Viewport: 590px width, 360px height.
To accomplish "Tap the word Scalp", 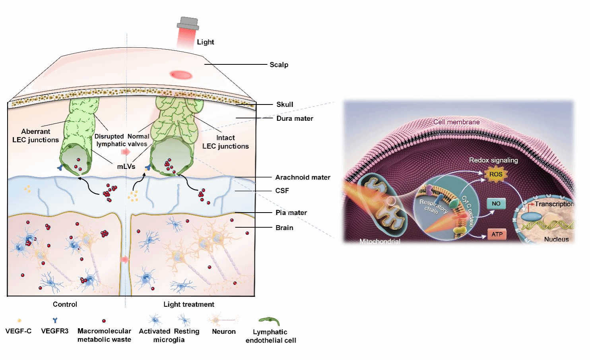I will point(279,65).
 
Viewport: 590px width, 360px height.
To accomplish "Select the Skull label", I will point(285,105).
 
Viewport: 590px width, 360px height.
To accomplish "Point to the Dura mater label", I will point(295,118).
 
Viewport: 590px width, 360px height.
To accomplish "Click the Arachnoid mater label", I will point(303,177).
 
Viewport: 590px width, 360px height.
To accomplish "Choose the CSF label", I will point(282,191).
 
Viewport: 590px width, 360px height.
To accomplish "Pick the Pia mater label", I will point(291,213).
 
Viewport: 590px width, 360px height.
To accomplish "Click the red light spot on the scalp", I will point(181,75).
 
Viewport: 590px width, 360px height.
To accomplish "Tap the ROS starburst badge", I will point(495,174).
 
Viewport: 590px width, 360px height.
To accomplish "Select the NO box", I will point(496,203).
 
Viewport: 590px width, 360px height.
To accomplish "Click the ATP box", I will point(497,234).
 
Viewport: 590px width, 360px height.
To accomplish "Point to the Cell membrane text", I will point(456,122).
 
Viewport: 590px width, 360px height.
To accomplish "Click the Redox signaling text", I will point(493,160).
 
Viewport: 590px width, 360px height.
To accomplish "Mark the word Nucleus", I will point(556,239).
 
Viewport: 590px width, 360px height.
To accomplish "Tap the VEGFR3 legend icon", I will point(55,320).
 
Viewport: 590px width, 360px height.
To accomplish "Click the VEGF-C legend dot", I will point(19,320).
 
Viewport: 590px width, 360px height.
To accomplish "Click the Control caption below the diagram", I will point(65,304).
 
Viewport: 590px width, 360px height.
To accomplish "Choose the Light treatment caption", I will point(188,304).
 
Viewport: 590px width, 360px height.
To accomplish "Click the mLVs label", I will point(126,166).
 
